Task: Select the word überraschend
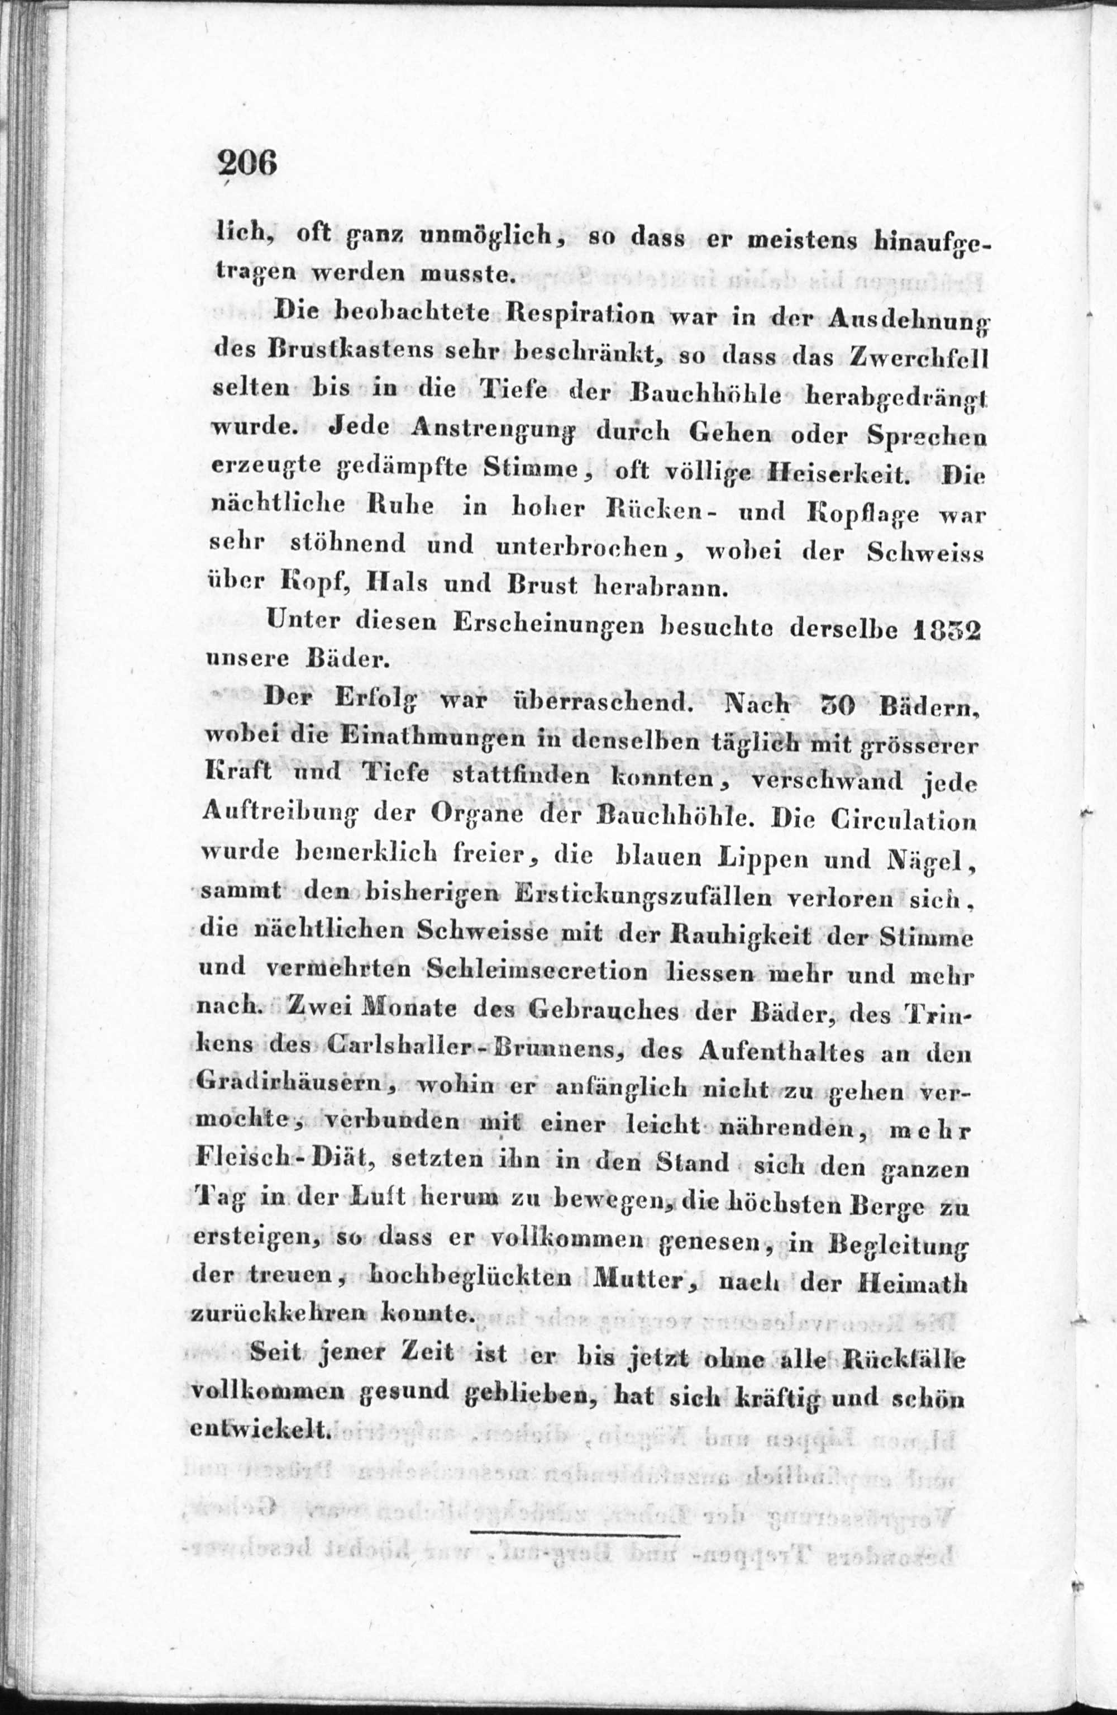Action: (614, 705)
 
